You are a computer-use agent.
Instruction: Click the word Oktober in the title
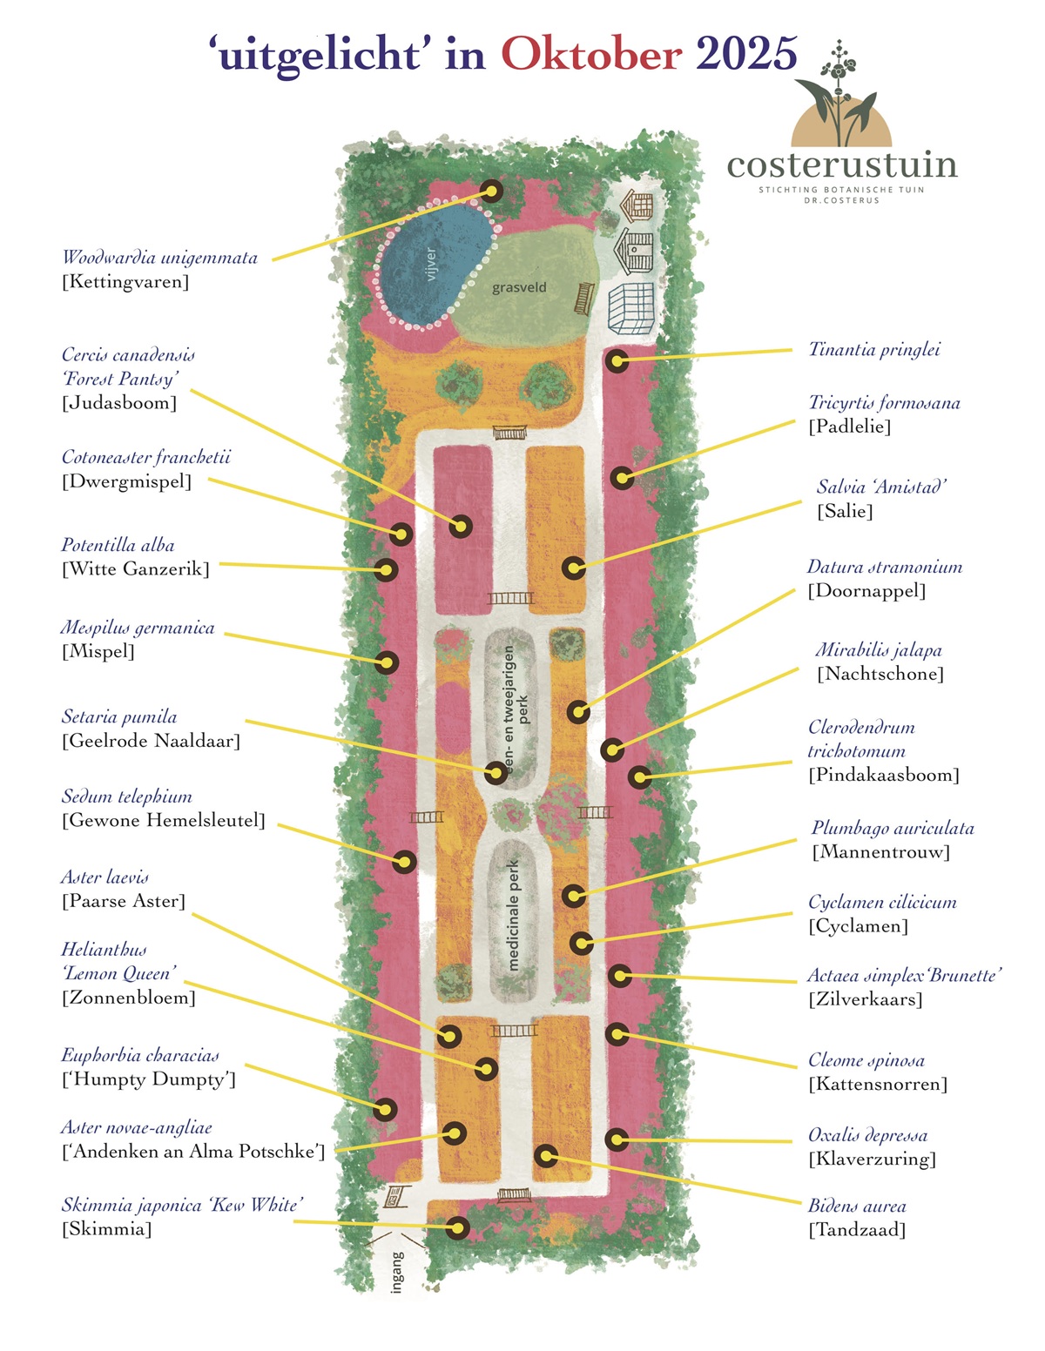(x=590, y=55)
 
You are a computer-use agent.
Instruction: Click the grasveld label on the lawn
(x=519, y=287)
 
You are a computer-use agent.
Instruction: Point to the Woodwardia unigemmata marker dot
(x=491, y=192)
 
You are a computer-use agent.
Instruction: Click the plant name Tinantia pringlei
(x=874, y=350)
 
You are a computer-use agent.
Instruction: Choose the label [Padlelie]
(x=849, y=427)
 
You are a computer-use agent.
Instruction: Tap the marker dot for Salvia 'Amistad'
(x=573, y=568)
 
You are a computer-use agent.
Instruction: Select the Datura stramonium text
(x=884, y=568)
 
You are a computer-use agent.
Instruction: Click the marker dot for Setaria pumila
(x=496, y=772)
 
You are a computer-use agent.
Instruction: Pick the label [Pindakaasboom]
(x=883, y=775)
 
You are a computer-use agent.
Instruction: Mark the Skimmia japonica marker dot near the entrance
(x=458, y=1227)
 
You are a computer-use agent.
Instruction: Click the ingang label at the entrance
(x=398, y=1272)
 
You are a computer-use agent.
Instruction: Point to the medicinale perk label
(x=514, y=916)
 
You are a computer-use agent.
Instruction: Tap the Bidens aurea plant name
(x=857, y=1206)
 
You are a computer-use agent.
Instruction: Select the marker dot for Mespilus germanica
(x=387, y=662)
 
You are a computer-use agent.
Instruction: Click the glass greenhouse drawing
(x=631, y=308)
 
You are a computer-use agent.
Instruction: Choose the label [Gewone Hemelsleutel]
(x=163, y=820)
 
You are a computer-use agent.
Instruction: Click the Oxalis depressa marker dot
(x=617, y=1139)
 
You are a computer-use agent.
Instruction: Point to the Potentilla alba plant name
(x=118, y=546)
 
